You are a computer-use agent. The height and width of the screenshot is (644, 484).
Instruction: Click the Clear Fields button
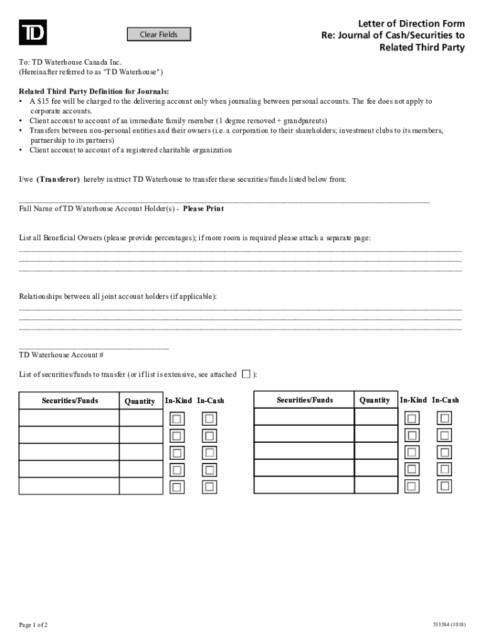pos(158,35)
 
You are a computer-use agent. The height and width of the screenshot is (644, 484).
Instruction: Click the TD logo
pos(32,33)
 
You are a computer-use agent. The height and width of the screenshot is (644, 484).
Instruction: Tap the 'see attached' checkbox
pos(246,374)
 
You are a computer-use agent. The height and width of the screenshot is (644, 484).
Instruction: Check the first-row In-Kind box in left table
pos(177,419)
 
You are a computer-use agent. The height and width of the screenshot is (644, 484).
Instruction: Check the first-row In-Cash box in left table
pos(209,419)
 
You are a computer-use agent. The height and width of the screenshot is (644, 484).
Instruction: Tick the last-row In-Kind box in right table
pos(412,486)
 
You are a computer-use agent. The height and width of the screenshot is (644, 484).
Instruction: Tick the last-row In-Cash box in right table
pos(445,486)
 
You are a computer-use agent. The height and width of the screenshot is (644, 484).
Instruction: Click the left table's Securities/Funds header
pos(70,401)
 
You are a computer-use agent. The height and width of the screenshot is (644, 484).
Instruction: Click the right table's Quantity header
pos(375,400)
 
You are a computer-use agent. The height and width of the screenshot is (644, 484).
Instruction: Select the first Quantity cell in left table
pos(141,418)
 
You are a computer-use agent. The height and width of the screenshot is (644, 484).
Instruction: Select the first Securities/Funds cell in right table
pos(304,417)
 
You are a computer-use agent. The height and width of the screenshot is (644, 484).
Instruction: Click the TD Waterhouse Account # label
pos(57,355)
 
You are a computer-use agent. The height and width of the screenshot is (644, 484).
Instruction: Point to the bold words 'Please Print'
pos(203,209)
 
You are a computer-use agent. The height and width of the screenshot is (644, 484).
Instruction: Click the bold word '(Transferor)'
pos(58,179)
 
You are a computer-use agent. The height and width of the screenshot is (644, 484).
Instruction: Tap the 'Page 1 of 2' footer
pos(33,625)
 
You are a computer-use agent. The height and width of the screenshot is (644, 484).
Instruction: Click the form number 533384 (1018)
pos(448,625)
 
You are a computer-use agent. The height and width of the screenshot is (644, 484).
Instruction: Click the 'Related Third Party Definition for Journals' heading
pos(94,91)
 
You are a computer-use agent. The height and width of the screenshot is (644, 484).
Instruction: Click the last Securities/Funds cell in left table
pos(69,486)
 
